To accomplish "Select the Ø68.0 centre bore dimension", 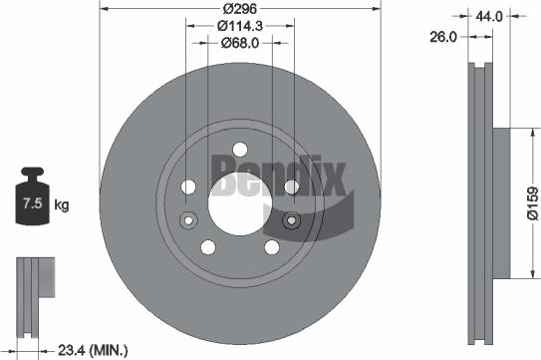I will pyautogui.click(x=240, y=44).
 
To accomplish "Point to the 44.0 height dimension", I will pyautogui.click(x=488, y=16).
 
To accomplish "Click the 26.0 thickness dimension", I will pyautogui.click(x=443, y=37).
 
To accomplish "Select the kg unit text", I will pyautogui.click(x=62, y=206).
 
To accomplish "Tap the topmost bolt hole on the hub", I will pyautogui.click(x=240, y=151).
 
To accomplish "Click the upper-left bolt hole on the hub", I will pyautogui.click(x=189, y=186).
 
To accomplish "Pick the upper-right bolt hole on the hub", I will pyautogui.click(x=291, y=186).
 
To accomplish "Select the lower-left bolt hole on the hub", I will pyautogui.click(x=208, y=247).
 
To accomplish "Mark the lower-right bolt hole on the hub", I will pyautogui.click(x=272, y=247).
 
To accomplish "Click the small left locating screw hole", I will pyautogui.click(x=184, y=220).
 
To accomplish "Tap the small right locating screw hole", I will pyautogui.click(x=294, y=220).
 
